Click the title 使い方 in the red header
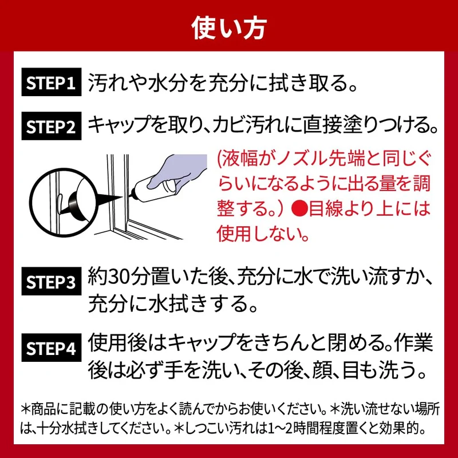(x=228, y=28)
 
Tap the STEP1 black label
(x=52, y=82)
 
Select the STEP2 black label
(x=52, y=126)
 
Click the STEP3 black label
(x=52, y=281)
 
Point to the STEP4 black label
(x=52, y=348)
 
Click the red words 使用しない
(x=259, y=233)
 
